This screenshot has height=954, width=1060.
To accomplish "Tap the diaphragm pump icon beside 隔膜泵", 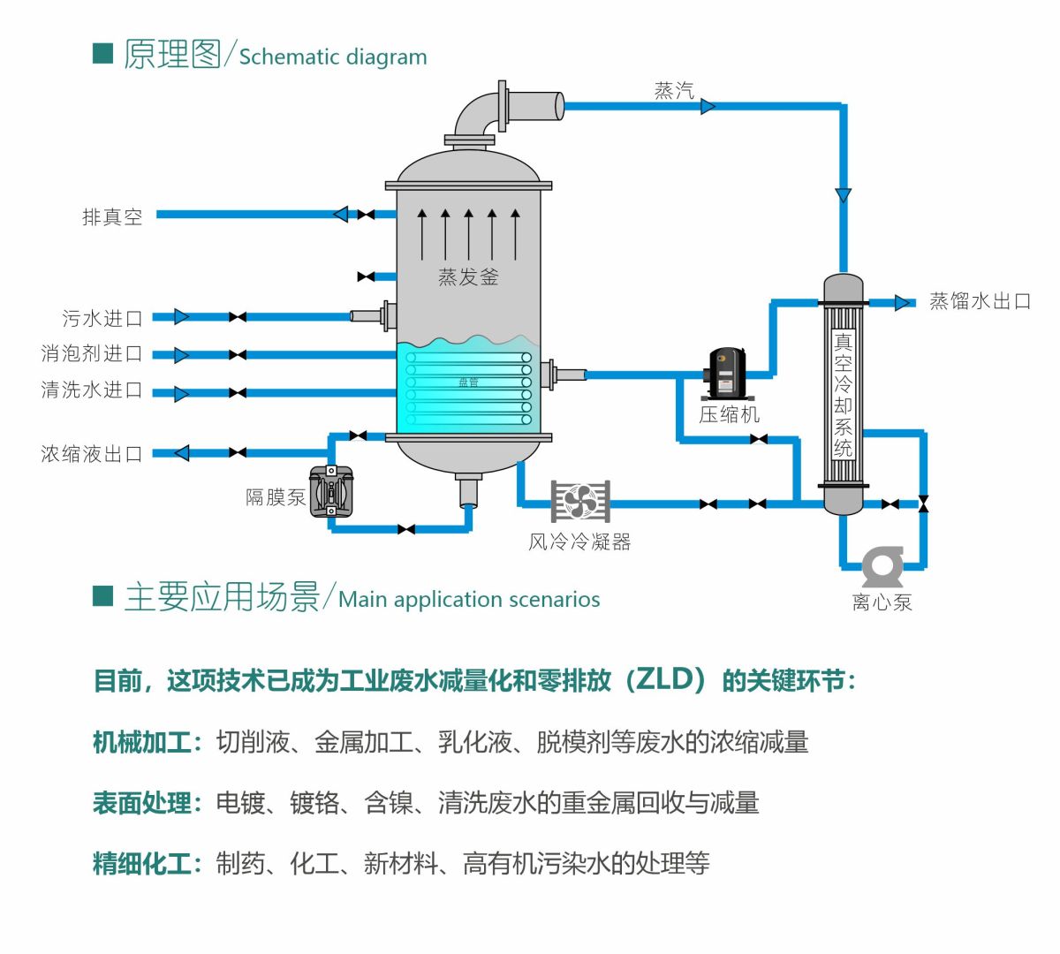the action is coord(330,491).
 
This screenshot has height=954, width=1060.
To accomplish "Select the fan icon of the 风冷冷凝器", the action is coord(580,501).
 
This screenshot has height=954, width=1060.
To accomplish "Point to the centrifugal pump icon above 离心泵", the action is coord(882,566).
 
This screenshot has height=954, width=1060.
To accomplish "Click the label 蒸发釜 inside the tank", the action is coord(468,277).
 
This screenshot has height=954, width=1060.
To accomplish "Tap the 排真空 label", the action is coord(112,217).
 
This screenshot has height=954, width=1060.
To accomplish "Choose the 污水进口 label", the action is coord(102,318).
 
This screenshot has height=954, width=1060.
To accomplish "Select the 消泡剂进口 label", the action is coord(91,353).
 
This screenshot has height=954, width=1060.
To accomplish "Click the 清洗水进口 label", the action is coord(91,390).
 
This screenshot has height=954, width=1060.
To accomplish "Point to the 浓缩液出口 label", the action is coord(91,453).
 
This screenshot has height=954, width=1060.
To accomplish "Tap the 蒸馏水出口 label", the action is coord(980,301).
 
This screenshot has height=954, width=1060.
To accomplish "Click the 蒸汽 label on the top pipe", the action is coord(674,91).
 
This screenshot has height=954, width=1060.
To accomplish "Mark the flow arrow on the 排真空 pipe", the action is coord(341,214).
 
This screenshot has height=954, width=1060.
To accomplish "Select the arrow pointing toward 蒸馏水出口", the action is coord(903,303).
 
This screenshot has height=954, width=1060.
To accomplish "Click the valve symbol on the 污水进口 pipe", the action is coord(238,317).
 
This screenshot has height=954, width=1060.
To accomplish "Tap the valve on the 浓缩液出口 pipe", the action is coord(238,452).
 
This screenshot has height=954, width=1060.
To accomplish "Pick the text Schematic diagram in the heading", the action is coord(333,57).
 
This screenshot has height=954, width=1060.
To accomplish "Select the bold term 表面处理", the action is coord(141,803).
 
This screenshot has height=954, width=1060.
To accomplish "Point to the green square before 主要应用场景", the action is coord(103,596).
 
